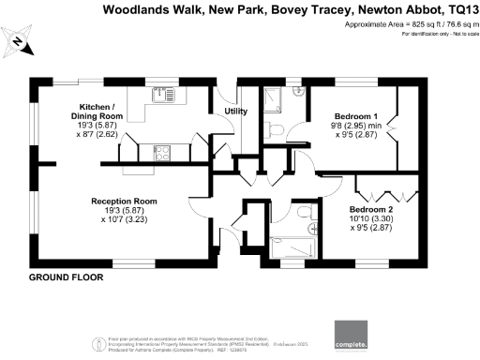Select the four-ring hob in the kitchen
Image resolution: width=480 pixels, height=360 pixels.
pos(161,151)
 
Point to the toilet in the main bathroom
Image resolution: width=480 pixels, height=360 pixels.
pos(313,212)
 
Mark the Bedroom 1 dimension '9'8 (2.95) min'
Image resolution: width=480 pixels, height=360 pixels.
pos(354,127)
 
